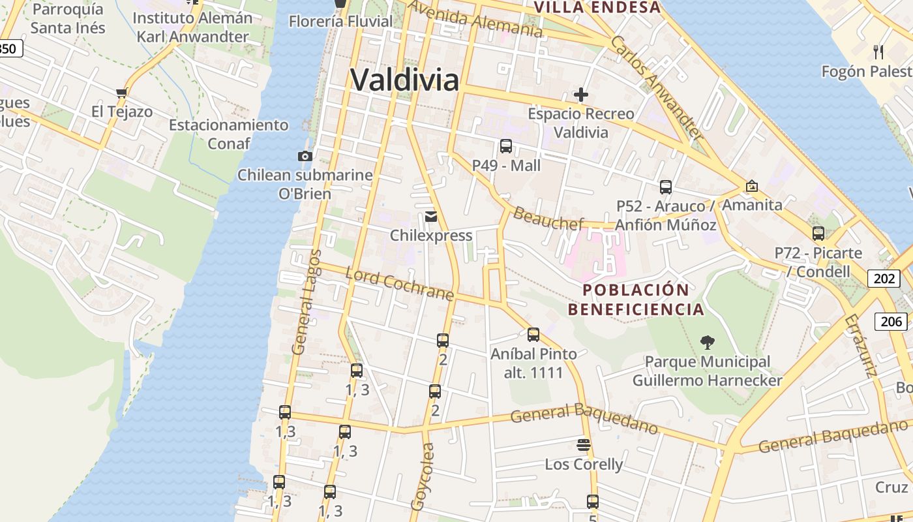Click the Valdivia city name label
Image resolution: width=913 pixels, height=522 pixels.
pyautogui.click(x=404, y=80)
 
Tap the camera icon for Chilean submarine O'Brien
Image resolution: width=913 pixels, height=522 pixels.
pyautogui.click(x=305, y=156)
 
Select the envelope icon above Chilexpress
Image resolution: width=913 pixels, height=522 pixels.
pyautogui.click(x=430, y=216)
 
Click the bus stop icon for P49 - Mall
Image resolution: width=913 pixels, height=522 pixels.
pyautogui.click(x=506, y=146)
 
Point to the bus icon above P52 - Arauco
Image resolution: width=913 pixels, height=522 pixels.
pyautogui.click(x=666, y=187)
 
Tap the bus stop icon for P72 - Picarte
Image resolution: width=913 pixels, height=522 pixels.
pyautogui.click(x=818, y=233)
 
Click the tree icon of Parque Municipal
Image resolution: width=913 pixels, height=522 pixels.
pyautogui.click(x=707, y=342)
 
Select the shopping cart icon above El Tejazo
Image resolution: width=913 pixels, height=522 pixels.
pyautogui.click(x=121, y=93)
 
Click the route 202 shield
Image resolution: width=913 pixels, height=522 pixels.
pyautogui.click(x=884, y=279)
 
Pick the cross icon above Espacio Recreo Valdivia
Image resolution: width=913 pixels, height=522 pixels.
pyautogui.click(x=581, y=95)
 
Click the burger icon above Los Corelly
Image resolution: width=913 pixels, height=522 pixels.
pyautogui.click(x=584, y=445)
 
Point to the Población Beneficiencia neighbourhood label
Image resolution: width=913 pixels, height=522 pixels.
pyautogui.click(x=636, y=299)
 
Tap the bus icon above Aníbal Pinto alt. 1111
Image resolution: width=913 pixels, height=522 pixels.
pyautogui.click(x=533, y=335)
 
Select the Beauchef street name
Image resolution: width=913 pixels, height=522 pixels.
pyautogui.click(x=548, y=218)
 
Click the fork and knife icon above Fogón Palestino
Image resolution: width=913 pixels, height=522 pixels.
pyautogui.click(x=878, y=52)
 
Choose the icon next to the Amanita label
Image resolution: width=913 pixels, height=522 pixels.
pyautogui.click(x=751, y=186)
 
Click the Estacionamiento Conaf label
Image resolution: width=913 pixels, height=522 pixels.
pyautogui.click(x=228, y=133)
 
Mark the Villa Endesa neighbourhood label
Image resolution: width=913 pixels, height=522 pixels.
pyautogui.click(x=597, y=7)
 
